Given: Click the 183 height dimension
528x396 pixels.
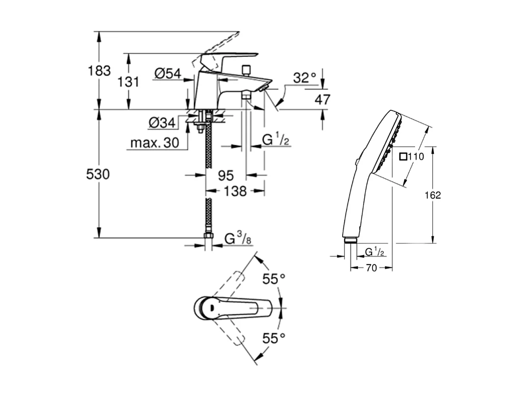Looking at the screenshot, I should tap(100, 71).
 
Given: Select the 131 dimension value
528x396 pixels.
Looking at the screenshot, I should tap(129, 81).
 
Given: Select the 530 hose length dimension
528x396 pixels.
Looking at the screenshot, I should tap(98, 174).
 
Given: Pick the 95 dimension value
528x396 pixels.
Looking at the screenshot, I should tap(226, 175).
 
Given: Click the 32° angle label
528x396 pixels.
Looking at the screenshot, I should tap(305, 78).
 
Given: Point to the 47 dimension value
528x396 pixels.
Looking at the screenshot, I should tap(322, 100).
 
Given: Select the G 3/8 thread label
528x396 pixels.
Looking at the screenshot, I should tap(237, 239).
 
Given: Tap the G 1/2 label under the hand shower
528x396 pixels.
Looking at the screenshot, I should tap(375, 252).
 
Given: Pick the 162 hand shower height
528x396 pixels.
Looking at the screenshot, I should tap(433, 195).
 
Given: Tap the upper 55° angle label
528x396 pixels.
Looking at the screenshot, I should tap(274, 279).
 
